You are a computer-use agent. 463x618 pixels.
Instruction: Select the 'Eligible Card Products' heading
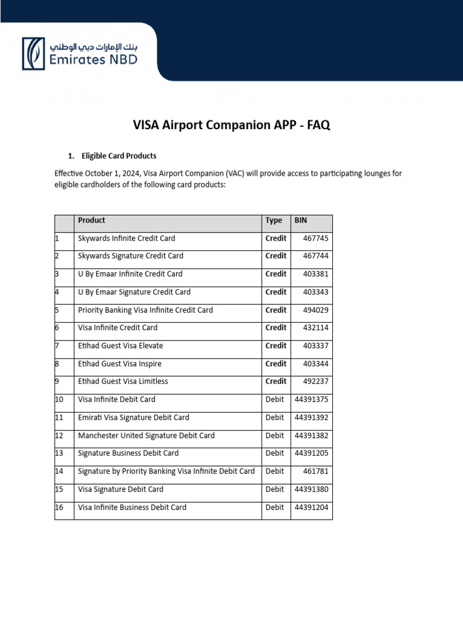point(119,156)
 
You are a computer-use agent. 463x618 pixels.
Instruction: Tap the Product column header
point(92,221)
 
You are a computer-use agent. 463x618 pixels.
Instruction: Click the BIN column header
point(300,221)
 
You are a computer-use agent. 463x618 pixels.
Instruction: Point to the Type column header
point(274,221)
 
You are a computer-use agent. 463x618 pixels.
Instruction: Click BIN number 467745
point(316,238)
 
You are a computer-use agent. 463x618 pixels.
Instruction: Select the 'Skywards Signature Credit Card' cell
point(130,256)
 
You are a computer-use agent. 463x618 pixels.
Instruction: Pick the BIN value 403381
point(316,274)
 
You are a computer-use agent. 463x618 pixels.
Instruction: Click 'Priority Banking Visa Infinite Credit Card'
point(145,310)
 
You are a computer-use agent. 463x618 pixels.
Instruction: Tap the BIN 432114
point(316,328)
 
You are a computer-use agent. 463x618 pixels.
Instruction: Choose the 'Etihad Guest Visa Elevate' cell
point(121,346)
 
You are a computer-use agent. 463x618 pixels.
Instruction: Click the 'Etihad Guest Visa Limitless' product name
point(123,381)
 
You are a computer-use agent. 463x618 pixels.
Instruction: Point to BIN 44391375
point(312,400)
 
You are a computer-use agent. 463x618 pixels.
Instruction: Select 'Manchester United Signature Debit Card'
point(146,436)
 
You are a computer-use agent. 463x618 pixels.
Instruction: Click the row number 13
point(59,453)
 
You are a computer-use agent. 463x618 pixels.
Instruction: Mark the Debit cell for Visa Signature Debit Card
point(275,489)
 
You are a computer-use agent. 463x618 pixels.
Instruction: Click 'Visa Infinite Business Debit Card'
point(132,508)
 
